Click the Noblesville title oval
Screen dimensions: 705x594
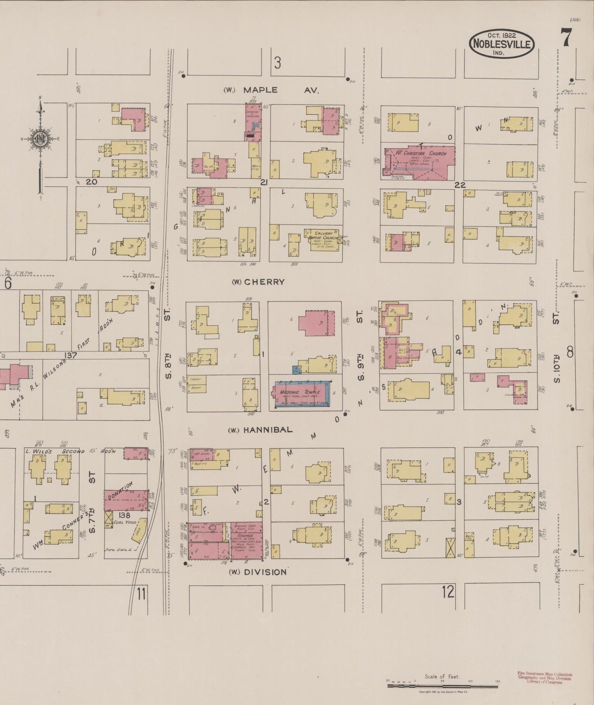coord(502,43)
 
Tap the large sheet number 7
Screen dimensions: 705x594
coord(566,39)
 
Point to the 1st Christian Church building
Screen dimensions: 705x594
coord(420,162)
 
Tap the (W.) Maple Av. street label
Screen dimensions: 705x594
coord(271,90)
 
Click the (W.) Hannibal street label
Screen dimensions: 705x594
coord(261,430)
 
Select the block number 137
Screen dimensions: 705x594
coord(70,355)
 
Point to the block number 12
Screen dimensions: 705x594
coord(448,592)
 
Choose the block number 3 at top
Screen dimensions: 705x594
coord(278,63)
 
